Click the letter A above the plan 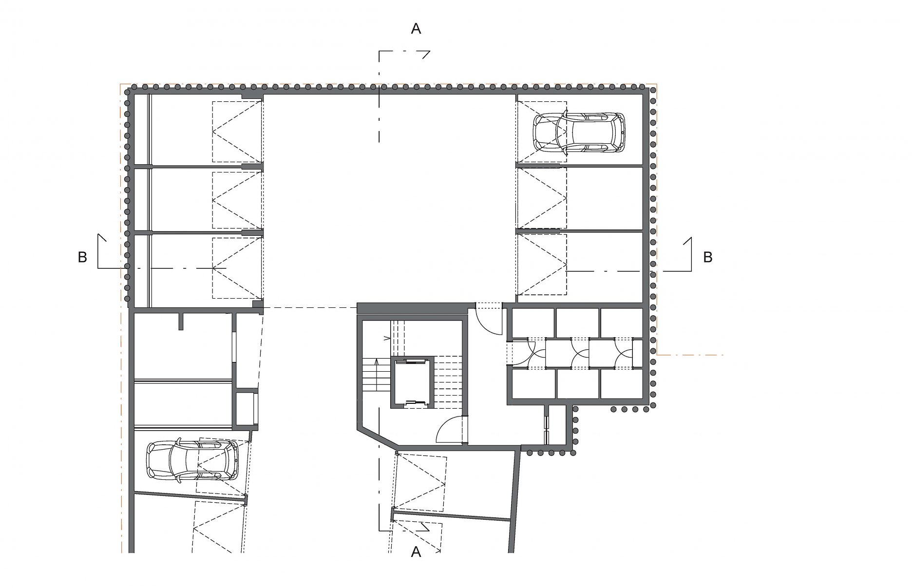coord(416,29)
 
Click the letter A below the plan coord(416,552)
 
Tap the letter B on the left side coord(82,257)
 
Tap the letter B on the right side coord(708,257)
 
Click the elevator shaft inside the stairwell coord(412,382)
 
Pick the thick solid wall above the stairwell coord(412,308)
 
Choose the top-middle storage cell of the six coord(577,323)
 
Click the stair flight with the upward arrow coord(376,374)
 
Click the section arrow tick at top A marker coord(426,54)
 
